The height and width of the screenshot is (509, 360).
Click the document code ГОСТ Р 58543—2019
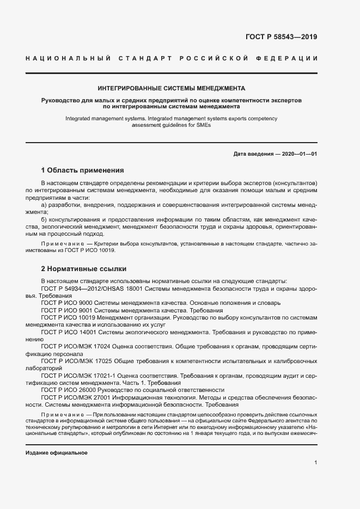point(278,37)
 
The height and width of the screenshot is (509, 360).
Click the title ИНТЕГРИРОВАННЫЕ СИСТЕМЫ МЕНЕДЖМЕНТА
point(171,88)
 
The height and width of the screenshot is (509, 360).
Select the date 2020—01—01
point(300,154)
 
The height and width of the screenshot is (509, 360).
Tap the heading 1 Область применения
point(82,170)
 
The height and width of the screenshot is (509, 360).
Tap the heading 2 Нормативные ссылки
point(83,268)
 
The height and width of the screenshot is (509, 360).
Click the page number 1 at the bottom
point(315,463)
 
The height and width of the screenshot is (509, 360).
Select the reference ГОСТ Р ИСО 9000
point(67,302)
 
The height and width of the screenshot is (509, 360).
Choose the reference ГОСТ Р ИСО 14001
point(69,331)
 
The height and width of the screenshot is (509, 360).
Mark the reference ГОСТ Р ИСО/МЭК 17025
point(76,361)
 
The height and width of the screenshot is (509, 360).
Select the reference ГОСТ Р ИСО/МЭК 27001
point(76,397)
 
